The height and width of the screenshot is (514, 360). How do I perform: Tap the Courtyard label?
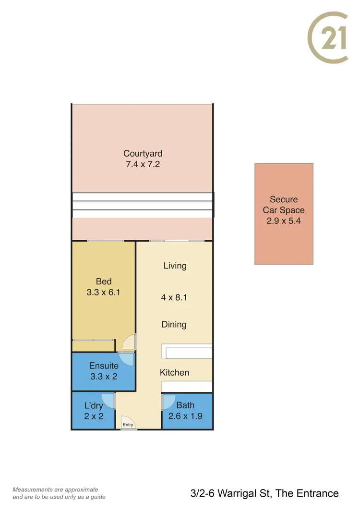coord(143,154)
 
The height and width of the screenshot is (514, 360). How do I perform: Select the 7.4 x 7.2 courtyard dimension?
coord(143,165)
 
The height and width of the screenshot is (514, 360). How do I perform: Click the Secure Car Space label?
coord(284,205)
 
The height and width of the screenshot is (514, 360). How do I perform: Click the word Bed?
coord(104,281)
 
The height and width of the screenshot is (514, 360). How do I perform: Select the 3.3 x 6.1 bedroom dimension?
coord(104,292)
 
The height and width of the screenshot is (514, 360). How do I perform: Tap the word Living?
coord(175,266)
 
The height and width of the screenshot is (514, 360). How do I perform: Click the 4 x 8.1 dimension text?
coord(174,297)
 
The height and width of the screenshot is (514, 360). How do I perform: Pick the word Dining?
coord(174,325)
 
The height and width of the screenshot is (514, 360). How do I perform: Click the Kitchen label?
coord(174,373)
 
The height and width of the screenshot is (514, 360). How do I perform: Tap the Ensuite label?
coord(104,366)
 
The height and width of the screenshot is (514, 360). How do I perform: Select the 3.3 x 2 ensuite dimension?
coord(104,377)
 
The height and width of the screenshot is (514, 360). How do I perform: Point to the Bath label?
coord(185,406)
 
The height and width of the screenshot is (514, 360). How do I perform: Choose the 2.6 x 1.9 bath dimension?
coord(185,416)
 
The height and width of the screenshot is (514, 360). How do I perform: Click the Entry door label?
coord(128,425)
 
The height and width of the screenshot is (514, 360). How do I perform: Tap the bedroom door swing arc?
coord(128,342)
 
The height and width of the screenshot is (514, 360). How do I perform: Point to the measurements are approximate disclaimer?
coord(59,493)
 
